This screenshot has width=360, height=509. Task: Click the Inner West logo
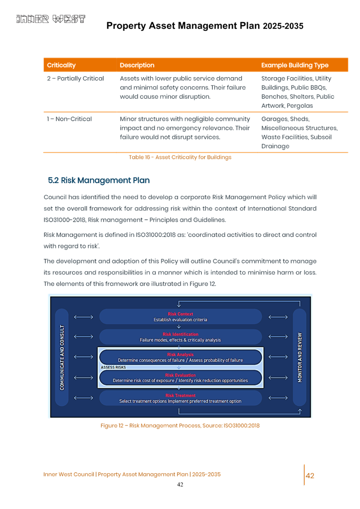tap(51, 19)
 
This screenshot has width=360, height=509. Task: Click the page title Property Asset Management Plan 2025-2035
tap(205, 26)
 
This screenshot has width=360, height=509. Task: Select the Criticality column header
tap(61, 65)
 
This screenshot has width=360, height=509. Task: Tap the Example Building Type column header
tap(294, 65)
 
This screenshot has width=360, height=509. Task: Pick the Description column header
tap(137, 65)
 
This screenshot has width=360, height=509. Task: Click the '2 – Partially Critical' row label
tap(76, 78)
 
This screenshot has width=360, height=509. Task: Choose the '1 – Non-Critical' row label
tap(69, 119)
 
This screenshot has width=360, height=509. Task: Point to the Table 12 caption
tap(180, 157)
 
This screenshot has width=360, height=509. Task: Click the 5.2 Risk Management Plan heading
tap(99, 180)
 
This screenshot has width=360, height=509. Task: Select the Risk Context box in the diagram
tap(180, 317)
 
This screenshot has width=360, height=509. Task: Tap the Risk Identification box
tap(180, 337)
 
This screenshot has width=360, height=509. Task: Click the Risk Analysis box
tap(180, 357)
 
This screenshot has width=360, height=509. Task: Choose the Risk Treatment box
tap(180, 398)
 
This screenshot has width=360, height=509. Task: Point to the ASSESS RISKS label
tap(113, 368)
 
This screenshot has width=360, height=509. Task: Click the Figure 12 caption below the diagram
tap(180, 425)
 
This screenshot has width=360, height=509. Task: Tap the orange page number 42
tap(310, 475)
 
